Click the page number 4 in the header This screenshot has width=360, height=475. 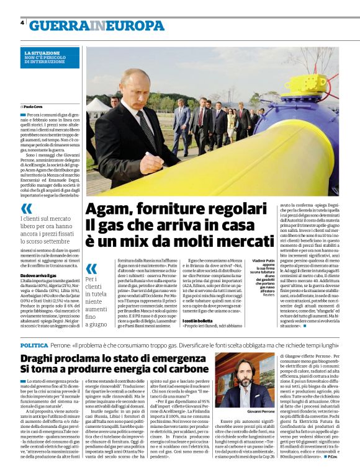point(22,23)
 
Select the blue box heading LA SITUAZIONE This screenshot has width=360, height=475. point(43,54)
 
